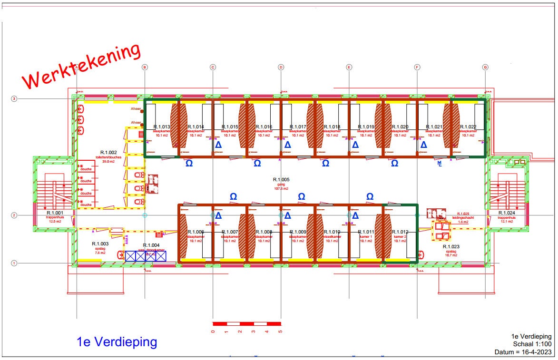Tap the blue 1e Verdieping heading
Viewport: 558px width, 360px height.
(x=117, y=341)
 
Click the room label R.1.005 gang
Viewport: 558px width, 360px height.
(x=281, y=184)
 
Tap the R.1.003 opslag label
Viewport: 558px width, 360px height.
(x=100, y=248)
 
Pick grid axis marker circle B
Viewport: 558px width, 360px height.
(x=145, y=67)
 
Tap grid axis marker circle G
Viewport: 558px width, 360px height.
(x=485, y=67)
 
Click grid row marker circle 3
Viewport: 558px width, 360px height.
(x=14, y=99)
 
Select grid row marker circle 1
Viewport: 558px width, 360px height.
(x=14, y=263)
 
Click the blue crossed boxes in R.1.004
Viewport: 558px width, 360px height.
(x=145, y=256)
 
